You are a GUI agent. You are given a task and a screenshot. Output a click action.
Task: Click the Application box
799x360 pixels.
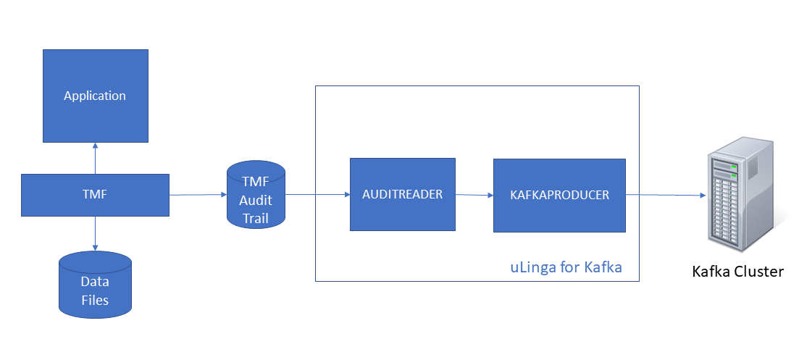tap(95, 96)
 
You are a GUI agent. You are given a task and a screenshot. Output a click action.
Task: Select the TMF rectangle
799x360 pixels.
tap(95, 195)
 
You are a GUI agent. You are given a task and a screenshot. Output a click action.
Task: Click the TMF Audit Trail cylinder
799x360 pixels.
tap(256, 195)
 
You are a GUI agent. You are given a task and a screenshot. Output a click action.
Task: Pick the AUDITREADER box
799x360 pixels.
tap(402, 194)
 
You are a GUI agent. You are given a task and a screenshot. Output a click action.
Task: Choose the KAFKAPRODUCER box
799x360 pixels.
tap(559, 195)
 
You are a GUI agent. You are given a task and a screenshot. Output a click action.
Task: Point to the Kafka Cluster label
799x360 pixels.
tap(737, 272)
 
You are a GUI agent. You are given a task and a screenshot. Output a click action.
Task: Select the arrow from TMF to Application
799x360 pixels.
tap(95, 158)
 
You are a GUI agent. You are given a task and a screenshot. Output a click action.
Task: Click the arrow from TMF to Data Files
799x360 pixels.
tap(95, 233)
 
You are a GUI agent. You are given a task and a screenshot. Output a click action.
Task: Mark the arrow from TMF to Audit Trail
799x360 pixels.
tap(198, 195)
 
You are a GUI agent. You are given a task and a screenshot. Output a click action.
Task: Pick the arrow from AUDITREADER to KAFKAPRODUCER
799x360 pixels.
tap(474, 194)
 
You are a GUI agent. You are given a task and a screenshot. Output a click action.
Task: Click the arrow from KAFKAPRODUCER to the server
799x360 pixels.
tap(665, 195)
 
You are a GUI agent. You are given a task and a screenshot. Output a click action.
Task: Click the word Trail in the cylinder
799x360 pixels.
tap(256, 214)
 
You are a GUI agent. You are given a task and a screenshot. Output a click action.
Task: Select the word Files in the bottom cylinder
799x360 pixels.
tap(95, 299)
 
